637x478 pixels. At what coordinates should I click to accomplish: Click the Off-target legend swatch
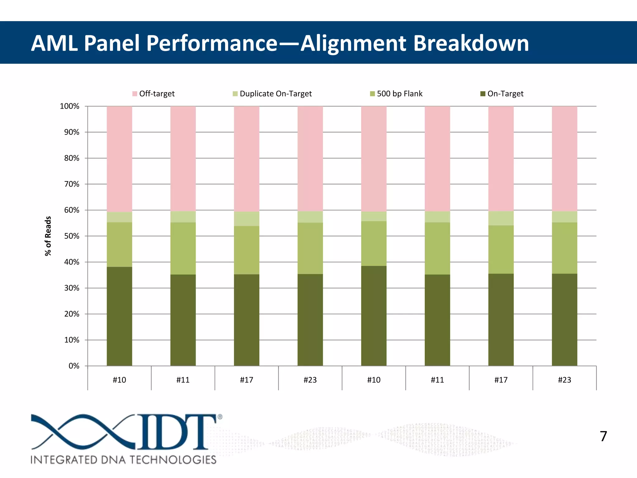tap(135, 94)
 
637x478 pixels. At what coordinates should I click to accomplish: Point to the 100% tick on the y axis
tap(70, 106)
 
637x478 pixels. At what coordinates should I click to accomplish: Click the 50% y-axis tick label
tap(72, 236)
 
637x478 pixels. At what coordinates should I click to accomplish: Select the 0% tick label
tap(74, 366)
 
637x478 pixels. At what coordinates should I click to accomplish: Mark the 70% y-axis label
tap(72, 184)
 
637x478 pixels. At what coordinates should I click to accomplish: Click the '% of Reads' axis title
tap(48, 236)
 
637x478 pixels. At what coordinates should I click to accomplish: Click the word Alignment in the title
tap(353, 43)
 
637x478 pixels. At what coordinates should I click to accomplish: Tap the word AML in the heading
tap(54, 43)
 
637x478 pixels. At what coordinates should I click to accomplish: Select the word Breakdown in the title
tap(471, 43)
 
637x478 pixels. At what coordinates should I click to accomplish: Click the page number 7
tap(603, 436)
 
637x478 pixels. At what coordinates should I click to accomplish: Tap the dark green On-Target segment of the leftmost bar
tap(119, 316)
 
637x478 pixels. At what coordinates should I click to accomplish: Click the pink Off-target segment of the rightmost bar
tap(564, 159)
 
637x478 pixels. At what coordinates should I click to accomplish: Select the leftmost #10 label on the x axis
tap(119, 380)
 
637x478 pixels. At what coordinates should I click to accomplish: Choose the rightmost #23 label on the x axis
tap(564, 380)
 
